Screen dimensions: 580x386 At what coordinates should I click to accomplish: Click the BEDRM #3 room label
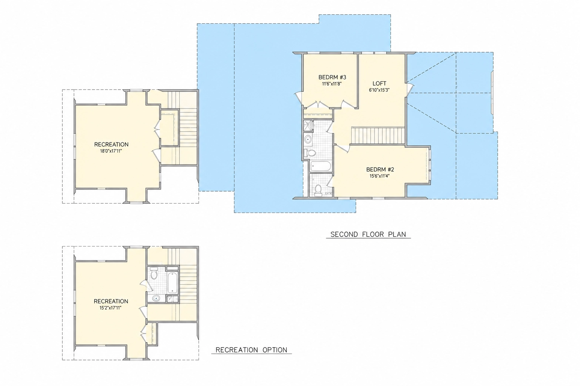pyautogui.click(x=332, y=77)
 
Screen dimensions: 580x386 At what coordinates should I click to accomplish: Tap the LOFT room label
pyautogui.click(x=379, y=84)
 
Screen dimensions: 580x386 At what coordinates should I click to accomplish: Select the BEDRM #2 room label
pyautogui.click(x=380, y=170)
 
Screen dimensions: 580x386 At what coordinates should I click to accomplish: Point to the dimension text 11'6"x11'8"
pyautogui.click(x=332, y=84)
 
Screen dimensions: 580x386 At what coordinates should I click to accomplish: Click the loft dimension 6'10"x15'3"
pyautogui.click(x=379, y=90)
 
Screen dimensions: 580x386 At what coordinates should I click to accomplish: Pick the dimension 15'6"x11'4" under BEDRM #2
pyautogui.click(x=379, y=176)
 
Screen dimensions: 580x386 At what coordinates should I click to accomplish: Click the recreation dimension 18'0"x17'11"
pyautogui.click(x=111, y=151)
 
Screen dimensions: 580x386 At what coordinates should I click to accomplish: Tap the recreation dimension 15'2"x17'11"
pyautogui.click(x=111, y=308)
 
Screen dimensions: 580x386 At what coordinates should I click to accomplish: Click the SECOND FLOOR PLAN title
pyautogui.click(x=368, y=234)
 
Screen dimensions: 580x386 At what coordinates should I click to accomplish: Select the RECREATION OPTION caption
pyautogui.click(x=251, y=350)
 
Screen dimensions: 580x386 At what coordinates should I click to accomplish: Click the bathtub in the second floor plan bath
pyautogui.click(x=321, y=166)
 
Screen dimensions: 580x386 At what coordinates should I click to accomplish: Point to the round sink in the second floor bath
pyautogui.click(x=308, y=139)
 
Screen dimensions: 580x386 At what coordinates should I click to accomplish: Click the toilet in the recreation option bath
pyautogui.click(x=154, y=274)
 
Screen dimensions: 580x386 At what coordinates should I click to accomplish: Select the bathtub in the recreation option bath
pyautogui.click(x=173, y=283)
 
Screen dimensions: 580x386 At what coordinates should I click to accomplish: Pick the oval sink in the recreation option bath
pyautogui.click(x=156, y=299)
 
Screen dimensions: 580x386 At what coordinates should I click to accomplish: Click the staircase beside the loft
pyautogui.click(x=378, y=135)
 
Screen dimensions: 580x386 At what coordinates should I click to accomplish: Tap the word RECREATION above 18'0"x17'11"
pyautogui.click(x=111, y=144)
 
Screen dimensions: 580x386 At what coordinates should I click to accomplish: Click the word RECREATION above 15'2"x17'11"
pyautogui.click(x=111, y=302)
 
